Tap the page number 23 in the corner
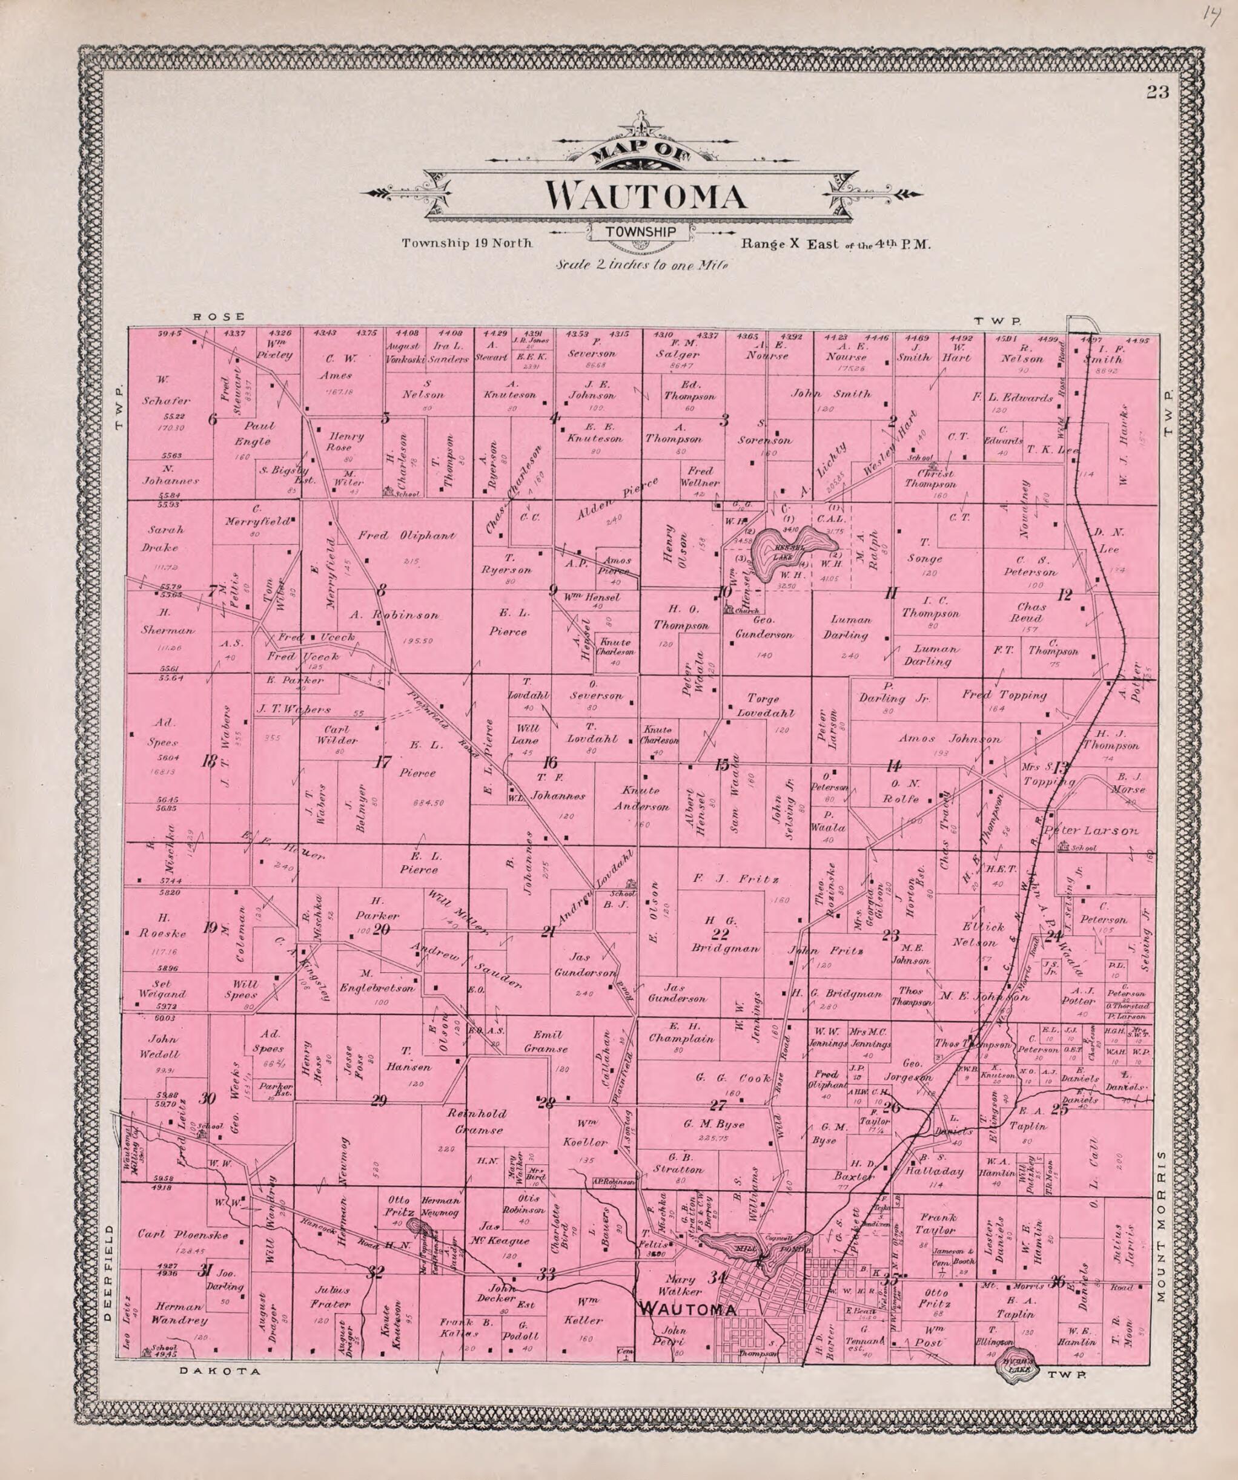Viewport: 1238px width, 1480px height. coord(1157,93)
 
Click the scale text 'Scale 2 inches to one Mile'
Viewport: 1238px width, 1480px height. coord(641,266)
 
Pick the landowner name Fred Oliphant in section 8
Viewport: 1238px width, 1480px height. coord(406,536)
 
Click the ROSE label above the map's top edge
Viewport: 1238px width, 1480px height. coord(219,317)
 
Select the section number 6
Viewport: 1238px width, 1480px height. coord(212,420)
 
